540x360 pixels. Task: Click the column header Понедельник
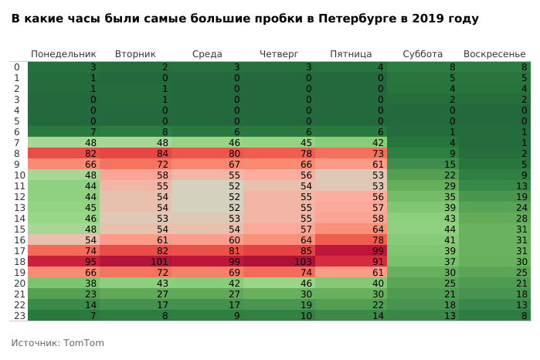(63, 54)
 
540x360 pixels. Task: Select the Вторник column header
(135, 54)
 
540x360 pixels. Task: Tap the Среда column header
(207, 54)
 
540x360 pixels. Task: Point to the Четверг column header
(279, 54)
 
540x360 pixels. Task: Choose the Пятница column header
(351, 54)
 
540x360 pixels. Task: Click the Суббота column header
(423, 54)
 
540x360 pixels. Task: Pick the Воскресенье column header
(494, 54)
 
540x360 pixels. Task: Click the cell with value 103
(279, 262)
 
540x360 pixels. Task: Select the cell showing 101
(135, 262)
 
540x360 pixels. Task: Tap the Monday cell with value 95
(63, 262)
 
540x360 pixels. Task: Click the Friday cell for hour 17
(351, 251)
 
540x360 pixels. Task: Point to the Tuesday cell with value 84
(135, 154)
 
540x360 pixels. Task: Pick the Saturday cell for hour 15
(423, 229)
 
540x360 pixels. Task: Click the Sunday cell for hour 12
(494, 197)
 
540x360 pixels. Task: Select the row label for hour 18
(16, 262)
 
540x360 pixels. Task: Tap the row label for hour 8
(16, 154)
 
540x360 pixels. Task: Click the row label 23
(16, 316)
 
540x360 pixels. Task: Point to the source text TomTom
(83, 343)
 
